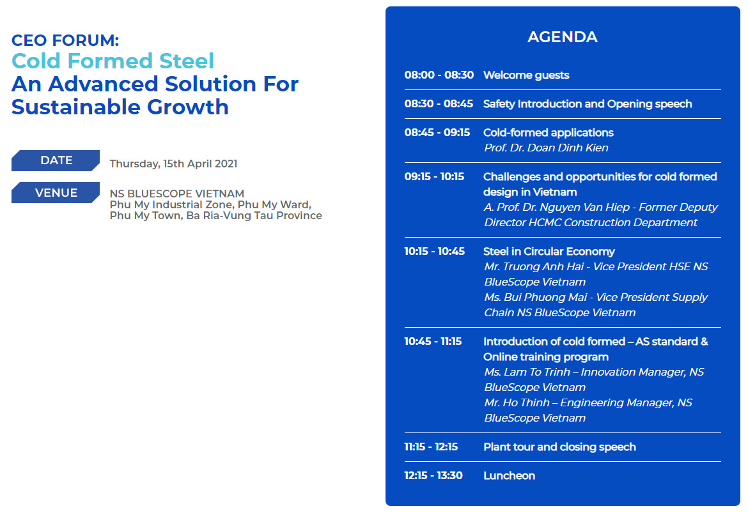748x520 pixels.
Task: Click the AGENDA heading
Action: [563, 36]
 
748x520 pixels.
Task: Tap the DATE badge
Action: [56, 160]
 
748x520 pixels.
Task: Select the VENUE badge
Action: [56, 192]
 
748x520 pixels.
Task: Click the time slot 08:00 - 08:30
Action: [439, 75]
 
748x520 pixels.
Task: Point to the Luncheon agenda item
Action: [509, 476]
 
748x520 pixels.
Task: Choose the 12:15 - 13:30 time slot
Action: [433, 476]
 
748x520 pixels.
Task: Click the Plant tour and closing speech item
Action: [559, 447]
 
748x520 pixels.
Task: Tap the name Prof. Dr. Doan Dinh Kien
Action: [546, 148]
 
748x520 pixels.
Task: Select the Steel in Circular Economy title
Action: [549, 251]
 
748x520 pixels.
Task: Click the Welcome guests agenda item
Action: [526, 75]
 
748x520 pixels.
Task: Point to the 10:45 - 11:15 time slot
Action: [433, 341]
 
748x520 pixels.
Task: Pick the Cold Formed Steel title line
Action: [113, 61]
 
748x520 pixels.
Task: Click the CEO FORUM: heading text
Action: [65, 40]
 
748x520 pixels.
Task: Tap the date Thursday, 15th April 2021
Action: [174, 164]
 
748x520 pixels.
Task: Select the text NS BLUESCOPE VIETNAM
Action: [177, 194]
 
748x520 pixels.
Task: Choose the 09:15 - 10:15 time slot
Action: [434, 176]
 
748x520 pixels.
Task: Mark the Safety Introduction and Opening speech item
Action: [588, 104]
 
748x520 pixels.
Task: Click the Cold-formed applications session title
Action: [548, 132]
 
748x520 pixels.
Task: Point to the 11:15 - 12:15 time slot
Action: [432, 447]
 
